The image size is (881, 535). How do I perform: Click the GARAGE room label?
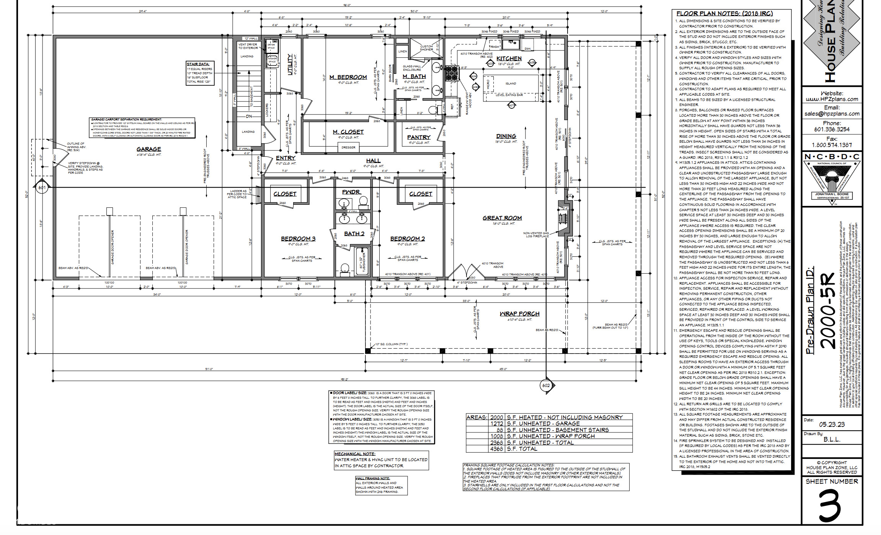(x=148, y=149)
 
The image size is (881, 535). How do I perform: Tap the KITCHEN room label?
(x=509, y=59)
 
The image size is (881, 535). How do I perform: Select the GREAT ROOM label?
(x=502, y=218)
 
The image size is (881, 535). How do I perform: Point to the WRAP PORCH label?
(x=519, y=314)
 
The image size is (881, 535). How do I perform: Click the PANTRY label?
(x=419, y=137)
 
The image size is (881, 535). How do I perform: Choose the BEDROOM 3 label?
(x=298, y=239)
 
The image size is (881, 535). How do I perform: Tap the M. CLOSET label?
(x=348, y=132)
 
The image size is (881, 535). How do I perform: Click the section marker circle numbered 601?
(x=42, y=188)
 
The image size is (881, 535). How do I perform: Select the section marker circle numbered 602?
(x=546, y=385)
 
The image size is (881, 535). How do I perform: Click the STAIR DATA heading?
(x=198, y=64)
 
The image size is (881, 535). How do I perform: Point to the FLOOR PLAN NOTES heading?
(x=724, y=13)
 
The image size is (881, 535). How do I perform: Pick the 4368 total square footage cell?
(x=496, y=449)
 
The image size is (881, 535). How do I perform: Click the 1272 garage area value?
(x=496, y=424)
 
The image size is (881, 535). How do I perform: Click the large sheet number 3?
(x=830, y=505)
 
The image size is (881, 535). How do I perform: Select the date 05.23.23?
(x=831, y=424)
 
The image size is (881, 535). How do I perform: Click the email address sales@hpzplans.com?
(x=832, y=114)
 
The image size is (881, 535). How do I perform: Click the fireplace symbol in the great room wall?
(x=563, y=219)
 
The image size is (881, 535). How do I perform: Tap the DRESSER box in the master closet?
(x=348, y=147)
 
